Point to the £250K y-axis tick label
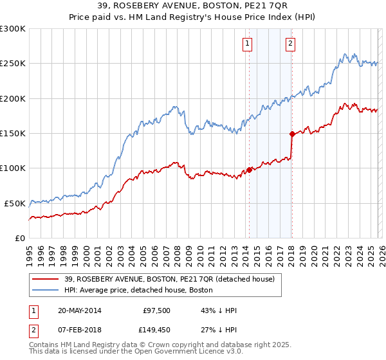click(x=13, y=64)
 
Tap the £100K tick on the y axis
click(x=13, y=168)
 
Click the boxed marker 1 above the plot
click(x=248, y=44)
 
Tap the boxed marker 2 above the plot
click(x=290, y=44)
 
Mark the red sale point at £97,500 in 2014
click(x=249, y=170)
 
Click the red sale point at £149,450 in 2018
click(x=291, y=134)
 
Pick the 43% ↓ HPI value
click(x=219, y=310)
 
